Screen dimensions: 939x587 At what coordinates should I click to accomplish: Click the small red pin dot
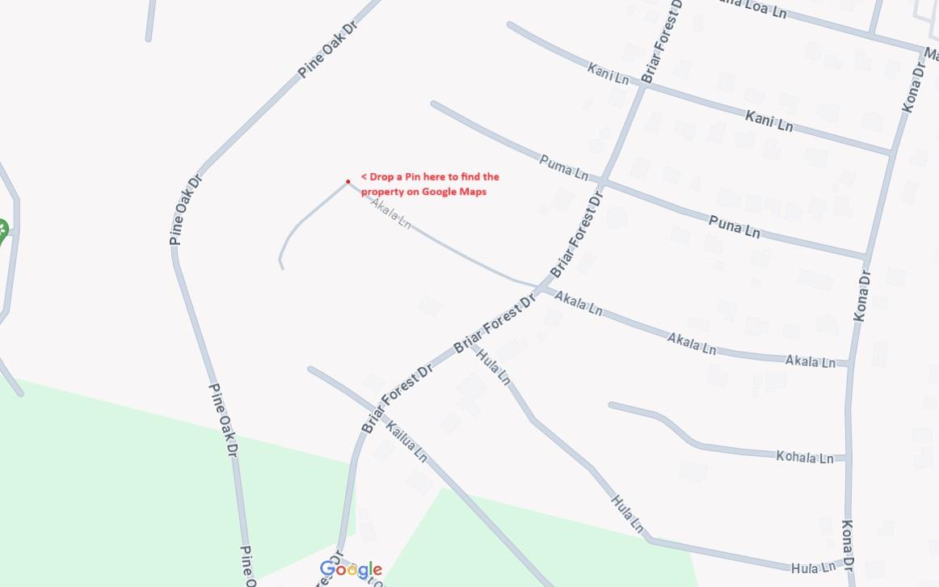click(x=347, y=181)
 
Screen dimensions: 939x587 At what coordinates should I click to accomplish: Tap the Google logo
click(x=351, y=570)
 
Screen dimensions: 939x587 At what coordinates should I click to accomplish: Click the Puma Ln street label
click(x=563, y=167)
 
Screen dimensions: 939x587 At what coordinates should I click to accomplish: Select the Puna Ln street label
click(x=734, y=226)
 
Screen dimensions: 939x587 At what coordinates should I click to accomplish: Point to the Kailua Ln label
click(x=406, y=441)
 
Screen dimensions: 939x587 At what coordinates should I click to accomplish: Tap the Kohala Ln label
click(x=804, y=457)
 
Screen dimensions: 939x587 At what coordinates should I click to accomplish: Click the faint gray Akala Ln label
click(x=391, y=213)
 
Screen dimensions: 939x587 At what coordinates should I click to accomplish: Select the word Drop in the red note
click(x=381, y=176)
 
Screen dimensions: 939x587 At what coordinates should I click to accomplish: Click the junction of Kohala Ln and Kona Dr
click(x=848, y=458)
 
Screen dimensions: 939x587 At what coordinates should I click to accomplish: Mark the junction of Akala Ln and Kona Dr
click(x=850, y=364)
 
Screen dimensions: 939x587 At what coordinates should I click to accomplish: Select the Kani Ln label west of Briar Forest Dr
click(x=608, y=74)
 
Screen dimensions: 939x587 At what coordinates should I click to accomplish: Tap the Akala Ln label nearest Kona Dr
click(x=810, y=361)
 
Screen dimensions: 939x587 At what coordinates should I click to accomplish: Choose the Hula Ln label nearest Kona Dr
click(x=814, y=568)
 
